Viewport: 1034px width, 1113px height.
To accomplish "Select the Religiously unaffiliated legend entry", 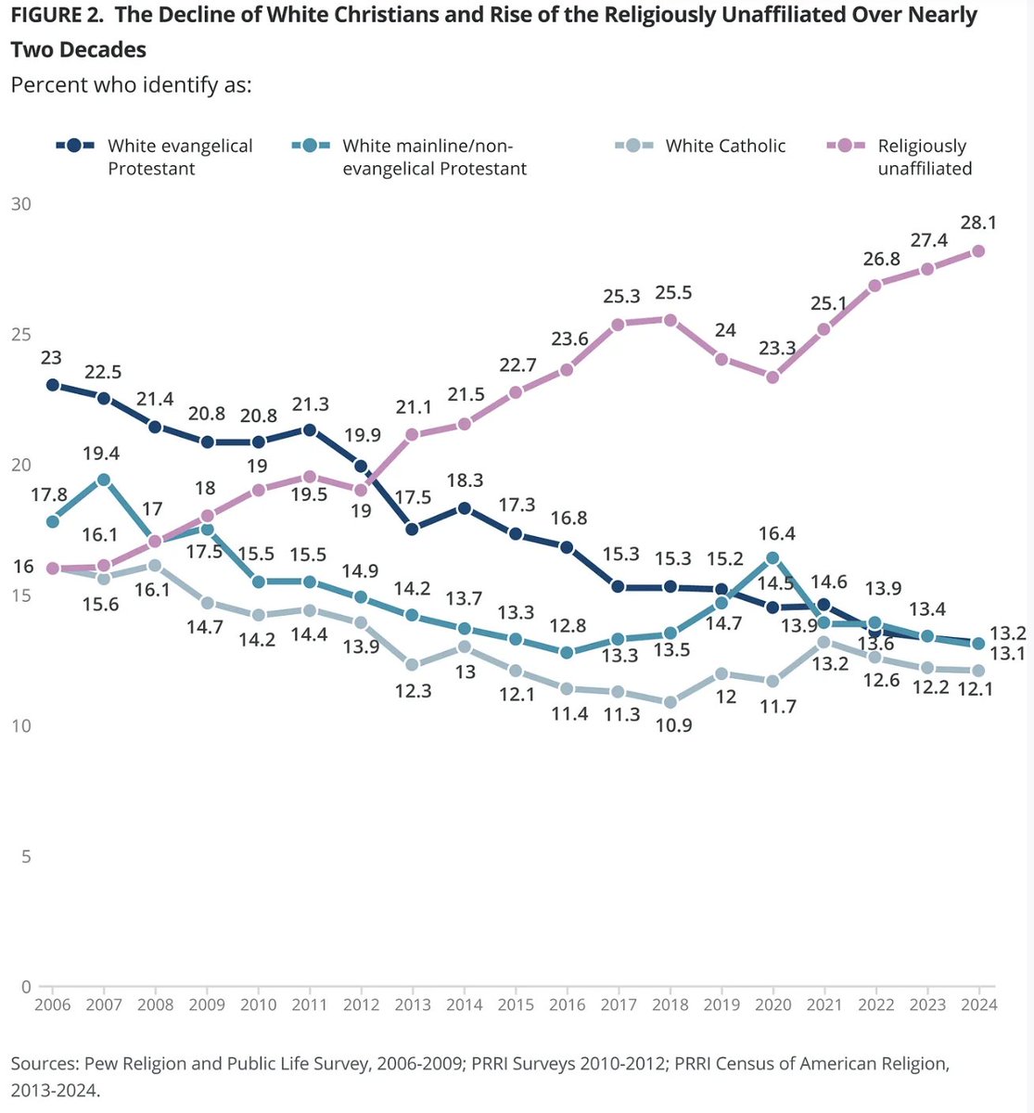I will tap(924, 157).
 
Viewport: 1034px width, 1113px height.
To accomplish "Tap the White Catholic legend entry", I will tap(725, 146).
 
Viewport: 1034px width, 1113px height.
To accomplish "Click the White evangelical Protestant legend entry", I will tap(180, 157).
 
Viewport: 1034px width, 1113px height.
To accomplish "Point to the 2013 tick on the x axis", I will tap(413, 1005).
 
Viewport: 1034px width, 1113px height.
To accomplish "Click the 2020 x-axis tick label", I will tap(772, 1005).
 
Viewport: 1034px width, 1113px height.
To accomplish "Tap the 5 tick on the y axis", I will tap(25, 856).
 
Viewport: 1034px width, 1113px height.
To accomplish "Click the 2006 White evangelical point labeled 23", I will tap(53, 385).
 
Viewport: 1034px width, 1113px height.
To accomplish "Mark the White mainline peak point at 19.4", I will tap(104, 480).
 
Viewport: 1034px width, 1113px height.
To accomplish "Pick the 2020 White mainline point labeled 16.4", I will tap(772, 557).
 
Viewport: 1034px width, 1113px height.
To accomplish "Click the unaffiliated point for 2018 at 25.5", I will tap(670, 320).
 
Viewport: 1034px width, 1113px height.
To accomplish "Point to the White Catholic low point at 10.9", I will tap(670, 702).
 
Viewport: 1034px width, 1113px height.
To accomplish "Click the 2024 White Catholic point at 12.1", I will tap(977, 671).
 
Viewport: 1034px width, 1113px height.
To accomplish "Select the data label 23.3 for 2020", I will tap(772, 348).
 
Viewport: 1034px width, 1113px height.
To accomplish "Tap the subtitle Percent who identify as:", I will tap(131, 84).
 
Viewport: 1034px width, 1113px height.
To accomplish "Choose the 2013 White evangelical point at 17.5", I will tap(413, 529).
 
